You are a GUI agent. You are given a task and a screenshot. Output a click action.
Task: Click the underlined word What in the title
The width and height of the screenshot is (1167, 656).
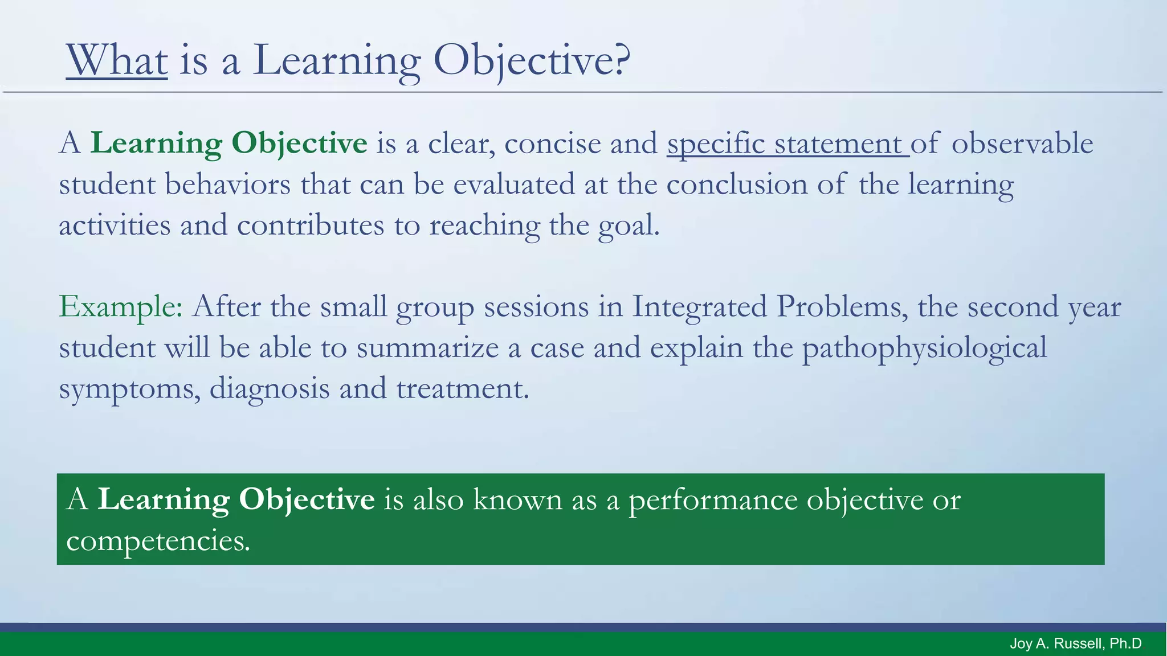pyautogui.click(x=117, y=60)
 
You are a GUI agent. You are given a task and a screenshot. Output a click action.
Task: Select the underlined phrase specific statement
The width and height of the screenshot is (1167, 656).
pyautogui.click(x=787, y=143)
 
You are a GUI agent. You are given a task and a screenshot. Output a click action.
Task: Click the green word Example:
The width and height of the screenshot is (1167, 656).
pyautogui.click(x=121, y=307)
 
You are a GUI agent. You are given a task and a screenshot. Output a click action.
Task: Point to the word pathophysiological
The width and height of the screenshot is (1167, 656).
pyautogui.click(x=924, y=348)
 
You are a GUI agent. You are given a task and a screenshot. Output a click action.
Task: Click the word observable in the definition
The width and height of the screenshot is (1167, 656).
pyautogui.click(x=1022, y=143)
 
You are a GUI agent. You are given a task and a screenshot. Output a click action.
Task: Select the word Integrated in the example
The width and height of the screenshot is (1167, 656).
pyautogui.click(x=699, y=307)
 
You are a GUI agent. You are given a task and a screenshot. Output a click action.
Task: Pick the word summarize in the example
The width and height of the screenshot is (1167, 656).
pyautogui.click(x=427, y=348)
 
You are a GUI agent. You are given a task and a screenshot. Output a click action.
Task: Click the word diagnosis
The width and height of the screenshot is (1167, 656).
pyautogui.click(x=270, y=389)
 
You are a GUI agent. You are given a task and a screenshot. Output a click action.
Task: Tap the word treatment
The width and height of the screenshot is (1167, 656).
pyautogui.click(x=462, y=389)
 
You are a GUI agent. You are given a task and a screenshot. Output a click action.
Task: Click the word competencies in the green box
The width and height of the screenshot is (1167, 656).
pyautogui.click(x=158, y=540)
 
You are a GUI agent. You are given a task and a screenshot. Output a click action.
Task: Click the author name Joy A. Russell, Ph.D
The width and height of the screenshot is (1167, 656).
pyautogui.click(x=1075, y=644)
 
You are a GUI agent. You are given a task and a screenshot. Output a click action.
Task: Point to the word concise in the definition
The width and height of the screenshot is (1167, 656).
pyautogui.click(x=552, y=143)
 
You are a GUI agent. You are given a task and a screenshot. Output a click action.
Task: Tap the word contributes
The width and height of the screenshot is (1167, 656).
pyautogui.click(x=311, y=225)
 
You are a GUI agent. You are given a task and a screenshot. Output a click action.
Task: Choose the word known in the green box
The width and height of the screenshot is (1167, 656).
pyautogui.click(x=517, y=499)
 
